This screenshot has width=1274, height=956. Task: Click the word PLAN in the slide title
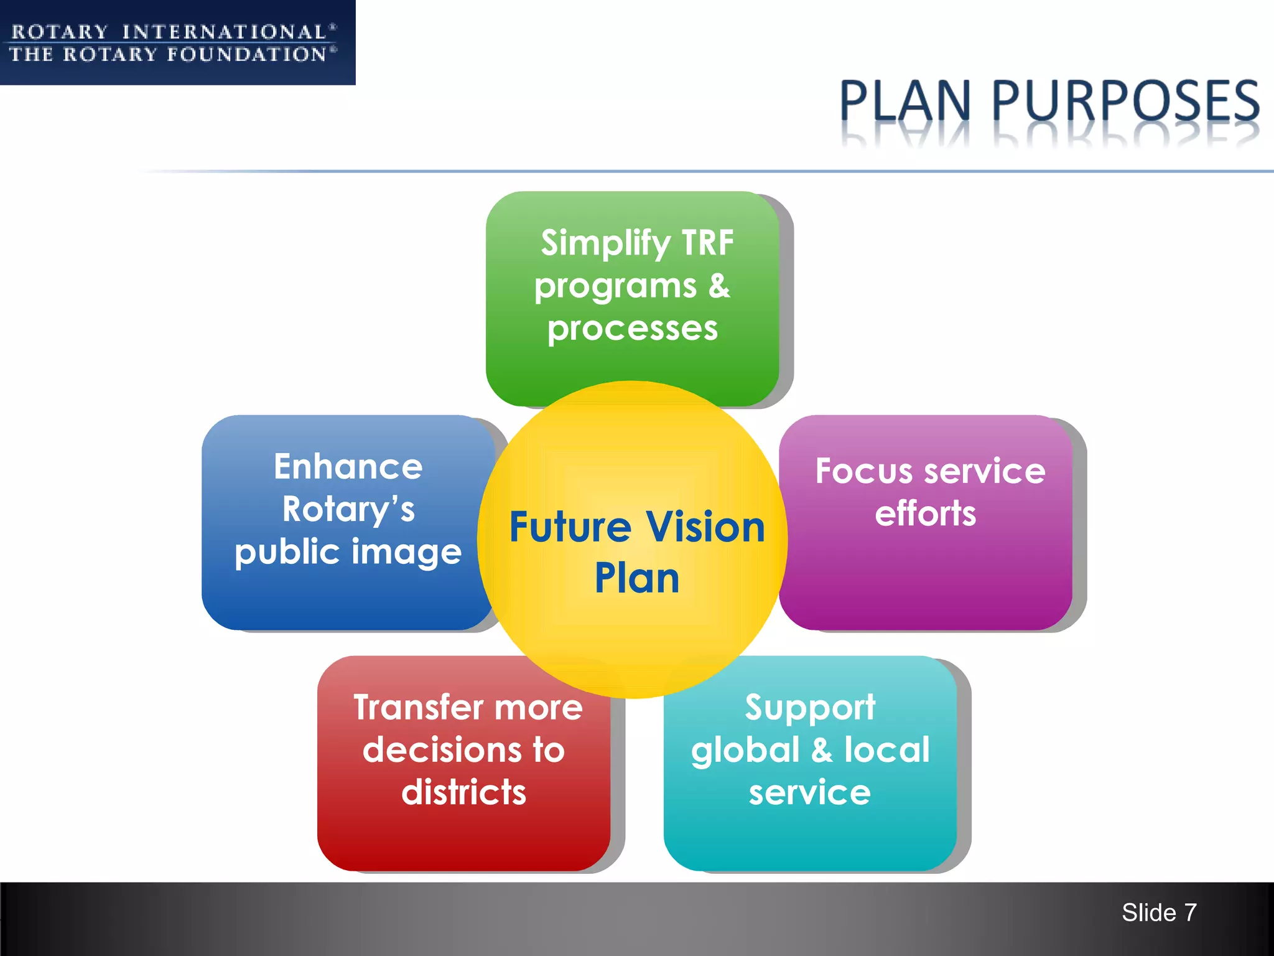[x=905, y=101]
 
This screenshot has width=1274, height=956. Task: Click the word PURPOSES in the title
[x=1125, y=101]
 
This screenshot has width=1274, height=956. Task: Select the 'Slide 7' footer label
[x=1159, y=912]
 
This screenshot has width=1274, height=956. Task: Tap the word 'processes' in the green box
[x=633, y=328]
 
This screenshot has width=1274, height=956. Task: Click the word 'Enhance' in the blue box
[x=348, y=467]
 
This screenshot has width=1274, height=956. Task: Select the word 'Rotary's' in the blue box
[x=348, y=509]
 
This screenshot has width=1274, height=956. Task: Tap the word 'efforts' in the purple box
[x=926, y=513]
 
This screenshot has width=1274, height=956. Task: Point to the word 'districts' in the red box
[x=464, y=792]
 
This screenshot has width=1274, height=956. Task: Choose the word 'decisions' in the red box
[x=442, y=750]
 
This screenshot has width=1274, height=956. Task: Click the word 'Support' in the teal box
[x=810, y=708]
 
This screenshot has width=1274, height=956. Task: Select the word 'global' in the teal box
[x=745, y=750]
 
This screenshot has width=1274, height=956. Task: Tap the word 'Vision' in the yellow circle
[x=705, y=527]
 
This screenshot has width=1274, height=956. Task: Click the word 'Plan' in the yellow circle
[x=637, y=578]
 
